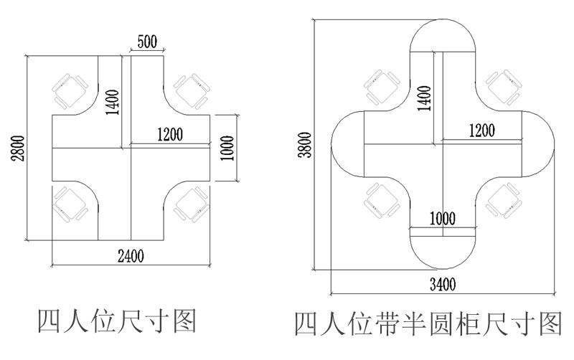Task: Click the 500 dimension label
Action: tap(147, 42)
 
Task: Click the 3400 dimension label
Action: tap(442, 283)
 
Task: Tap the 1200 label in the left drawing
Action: tap(169, 134)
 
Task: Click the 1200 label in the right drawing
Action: tap(481, 130)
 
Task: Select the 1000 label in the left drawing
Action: tap(227, 148)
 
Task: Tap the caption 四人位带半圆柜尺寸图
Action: tap(428, 324)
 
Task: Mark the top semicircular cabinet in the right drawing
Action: tap(443, 36)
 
